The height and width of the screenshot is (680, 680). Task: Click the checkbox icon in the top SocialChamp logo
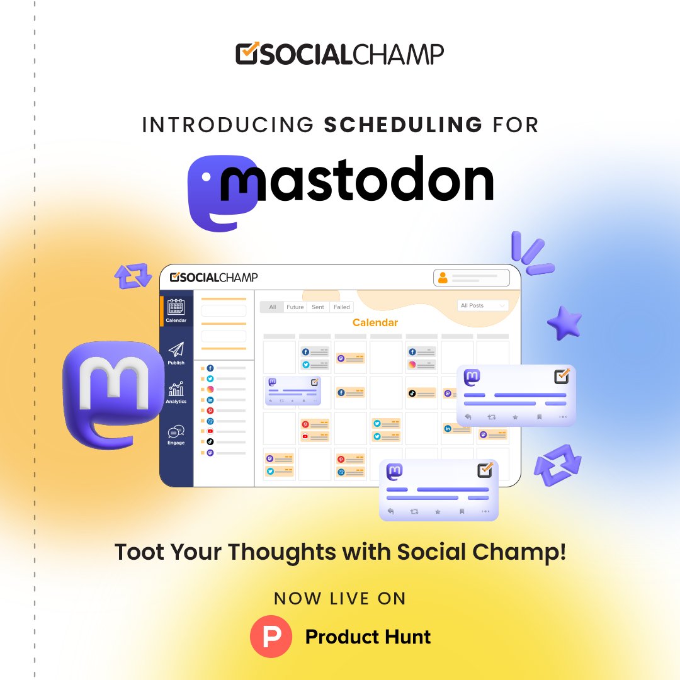click(247, 53)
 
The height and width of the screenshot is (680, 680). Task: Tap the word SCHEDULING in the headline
click(403, 124)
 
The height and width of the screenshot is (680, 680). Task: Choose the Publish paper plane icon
click(176, 350)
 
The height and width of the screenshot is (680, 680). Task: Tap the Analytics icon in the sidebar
click(176, 390)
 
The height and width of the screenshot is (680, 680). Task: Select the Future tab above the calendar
click(295, 307)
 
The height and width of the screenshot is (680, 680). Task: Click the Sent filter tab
click(318, 307)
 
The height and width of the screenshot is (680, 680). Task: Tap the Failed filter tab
click(342, 307)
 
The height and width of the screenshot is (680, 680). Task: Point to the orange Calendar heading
click(375, 323)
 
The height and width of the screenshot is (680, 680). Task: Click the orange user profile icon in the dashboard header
click(443, 278)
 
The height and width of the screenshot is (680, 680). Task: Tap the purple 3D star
click(564, 323)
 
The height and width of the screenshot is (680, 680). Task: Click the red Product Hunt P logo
click(271, 637)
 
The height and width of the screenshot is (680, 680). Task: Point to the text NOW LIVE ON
click(340, 598)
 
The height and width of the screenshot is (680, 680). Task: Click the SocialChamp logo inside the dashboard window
click(214, 277)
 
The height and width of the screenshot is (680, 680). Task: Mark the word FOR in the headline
click(516, 124)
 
